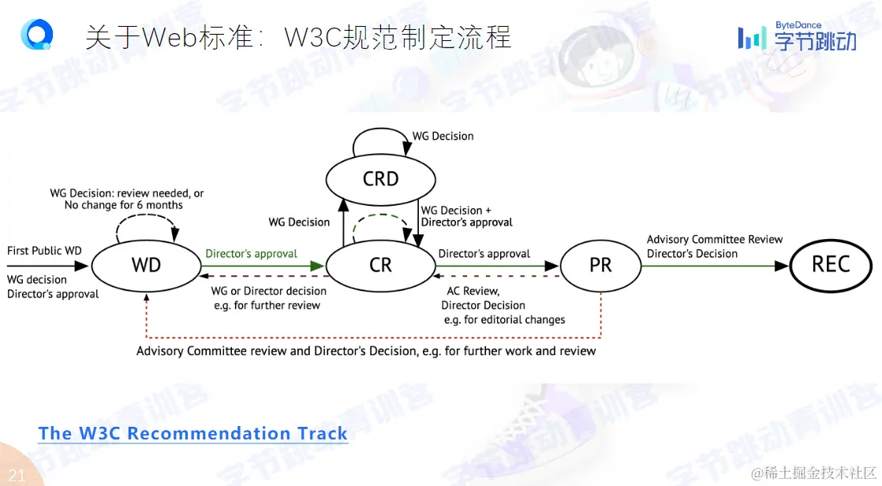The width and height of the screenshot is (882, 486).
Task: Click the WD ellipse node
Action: [x=146, y=266]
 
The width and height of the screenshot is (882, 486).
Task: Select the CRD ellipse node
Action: [x=380, y=179]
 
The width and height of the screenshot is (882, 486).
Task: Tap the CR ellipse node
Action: [x=380, y=266]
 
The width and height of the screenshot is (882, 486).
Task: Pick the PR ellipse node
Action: [x=600, y=266]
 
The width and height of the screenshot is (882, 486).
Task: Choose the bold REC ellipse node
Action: [x=830, y=265]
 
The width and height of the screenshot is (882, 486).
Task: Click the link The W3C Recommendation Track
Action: [x=192, y=433]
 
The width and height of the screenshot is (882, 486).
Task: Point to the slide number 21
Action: [x=17, y=475]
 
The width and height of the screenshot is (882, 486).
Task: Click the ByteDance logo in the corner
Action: [x=797, y=37]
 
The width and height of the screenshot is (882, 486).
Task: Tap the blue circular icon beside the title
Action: [x=37, y=35]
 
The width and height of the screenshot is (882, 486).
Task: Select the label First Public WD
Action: [x=44, y=251]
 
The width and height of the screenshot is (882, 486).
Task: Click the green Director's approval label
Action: [x=251, y=254]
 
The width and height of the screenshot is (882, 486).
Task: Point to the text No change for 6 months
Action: [x=123, y=205]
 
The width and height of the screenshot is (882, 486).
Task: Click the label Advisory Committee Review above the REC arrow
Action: [x=715, y=239]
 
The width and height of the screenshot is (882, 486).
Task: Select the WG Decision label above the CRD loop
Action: [x=443, y=136]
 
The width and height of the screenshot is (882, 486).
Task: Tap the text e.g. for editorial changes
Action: [x=504, y=320]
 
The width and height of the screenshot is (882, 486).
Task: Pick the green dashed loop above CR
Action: [x=380, y=222]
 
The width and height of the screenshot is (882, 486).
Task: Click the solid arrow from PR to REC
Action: [x=714, y=266]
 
